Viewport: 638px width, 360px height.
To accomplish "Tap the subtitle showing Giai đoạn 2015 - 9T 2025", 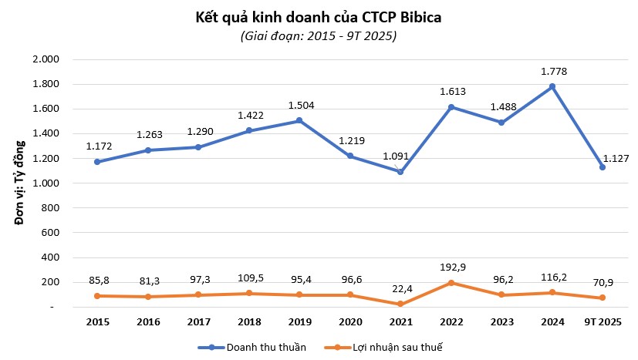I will coord(319,35).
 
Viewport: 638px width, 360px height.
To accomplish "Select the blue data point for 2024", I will coord(552,86).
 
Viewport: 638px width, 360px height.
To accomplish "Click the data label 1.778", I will coord(552,71).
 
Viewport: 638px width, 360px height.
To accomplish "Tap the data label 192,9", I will coord(452,266).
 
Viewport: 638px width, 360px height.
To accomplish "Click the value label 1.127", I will coord(615,158).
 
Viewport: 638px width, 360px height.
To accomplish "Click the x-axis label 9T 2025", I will coord(603,321).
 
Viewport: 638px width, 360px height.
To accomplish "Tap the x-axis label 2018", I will coord(251,321).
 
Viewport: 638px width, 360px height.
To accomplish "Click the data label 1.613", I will coord(452,91).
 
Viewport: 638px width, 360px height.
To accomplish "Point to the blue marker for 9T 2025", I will coord(603,167).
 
